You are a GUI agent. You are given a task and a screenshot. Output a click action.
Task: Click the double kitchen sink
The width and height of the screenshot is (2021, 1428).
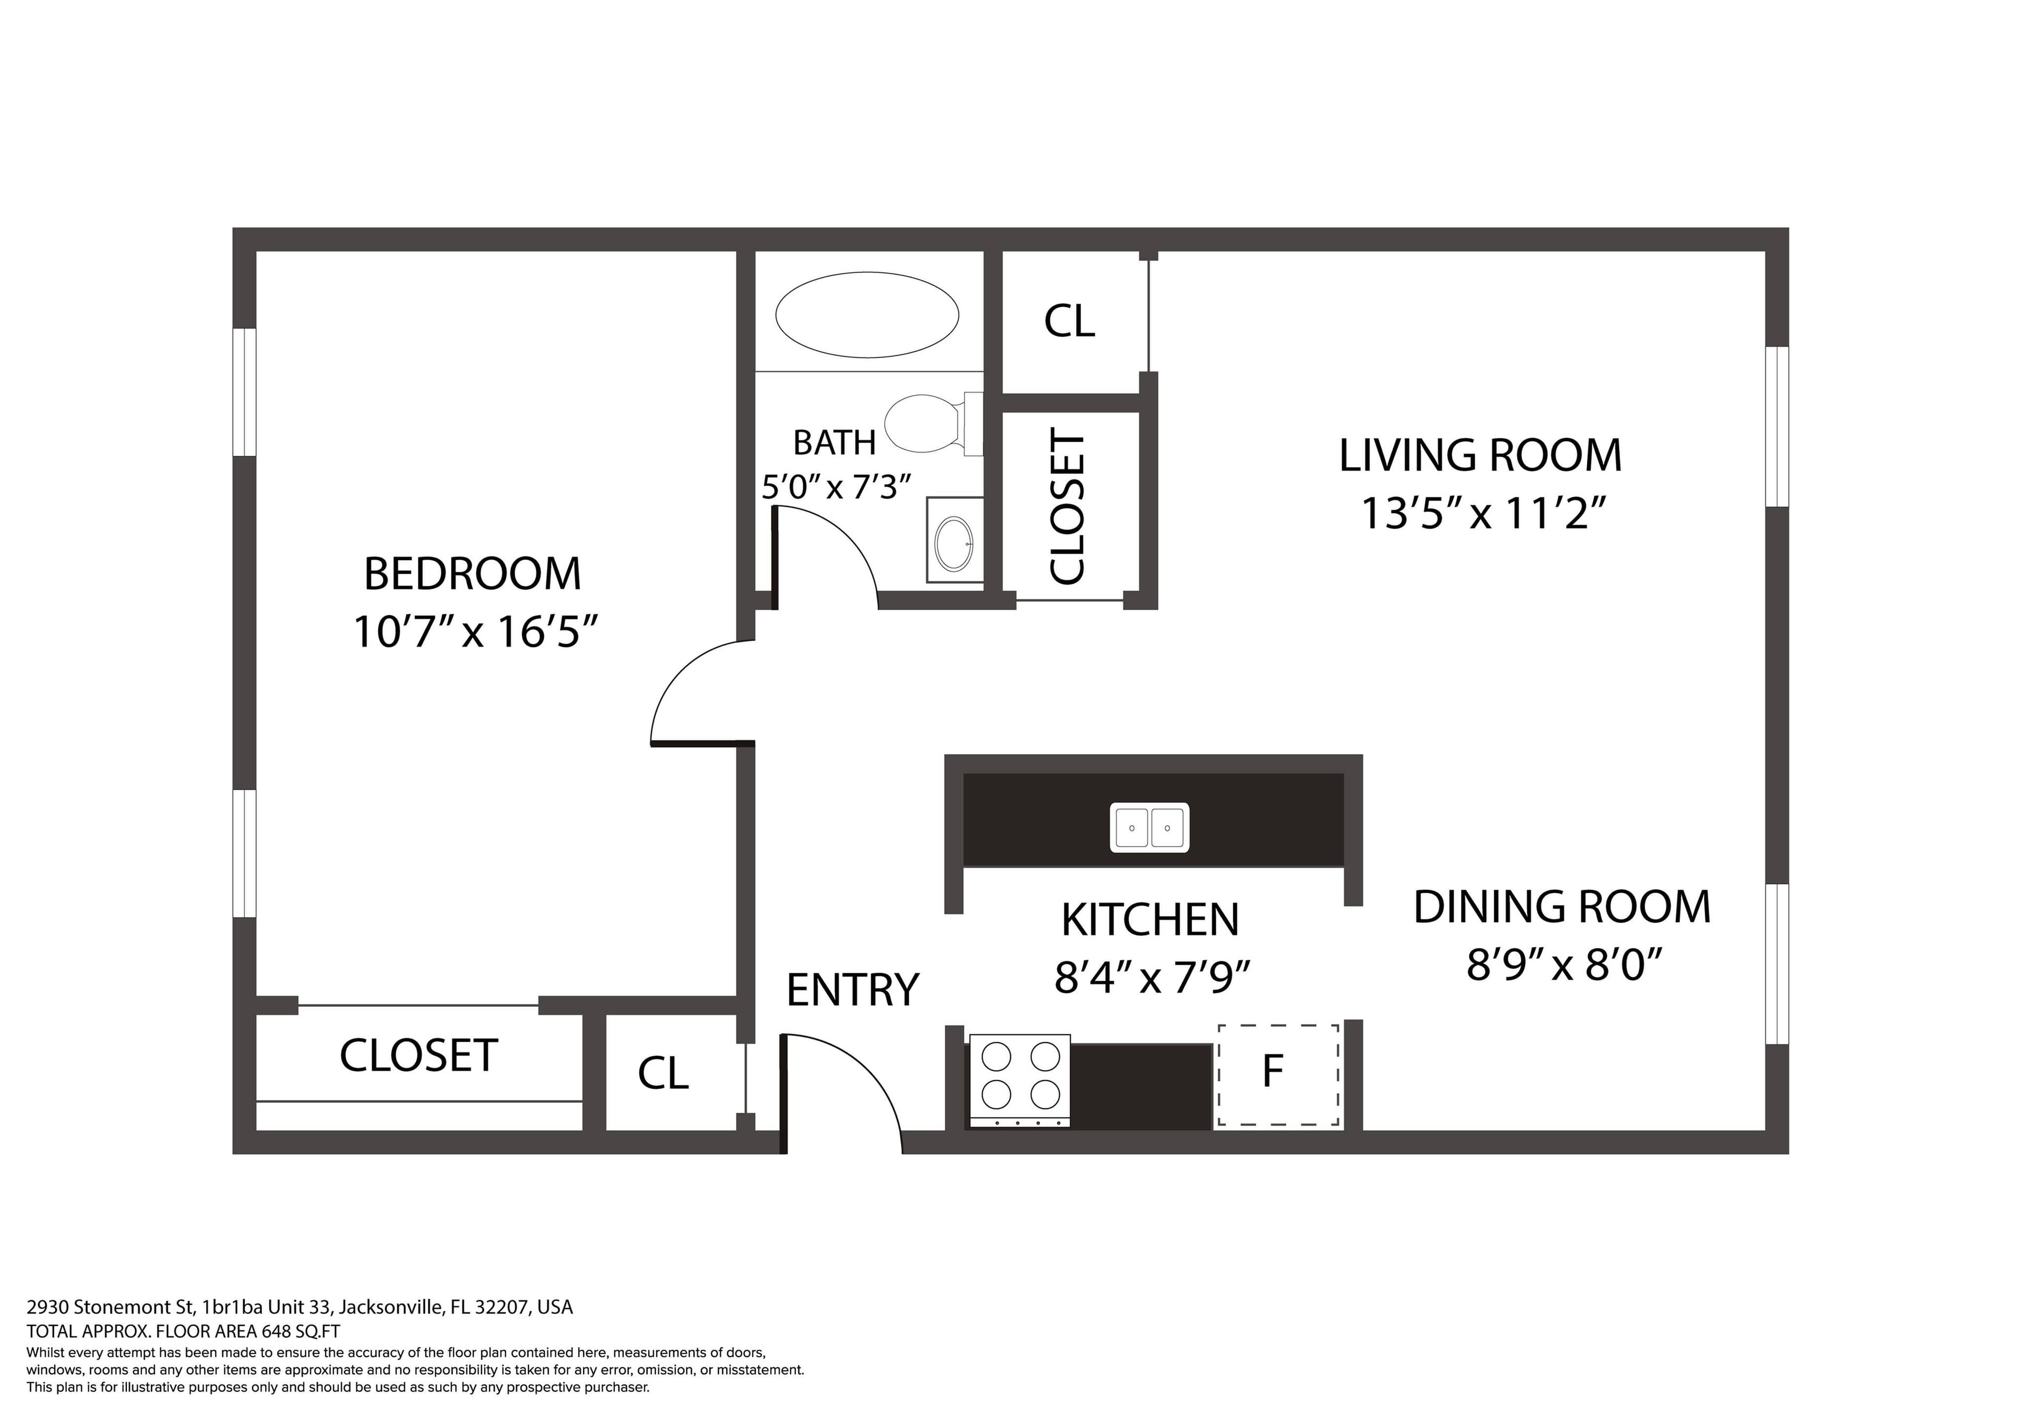[1149, 827]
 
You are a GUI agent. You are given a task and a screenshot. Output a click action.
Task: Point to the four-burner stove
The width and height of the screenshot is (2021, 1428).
[1020, 1080]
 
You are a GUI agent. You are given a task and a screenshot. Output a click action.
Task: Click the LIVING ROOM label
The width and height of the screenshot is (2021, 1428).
[1479, 455]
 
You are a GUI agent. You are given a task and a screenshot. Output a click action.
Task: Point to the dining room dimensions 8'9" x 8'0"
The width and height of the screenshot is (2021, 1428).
[1563, 965]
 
